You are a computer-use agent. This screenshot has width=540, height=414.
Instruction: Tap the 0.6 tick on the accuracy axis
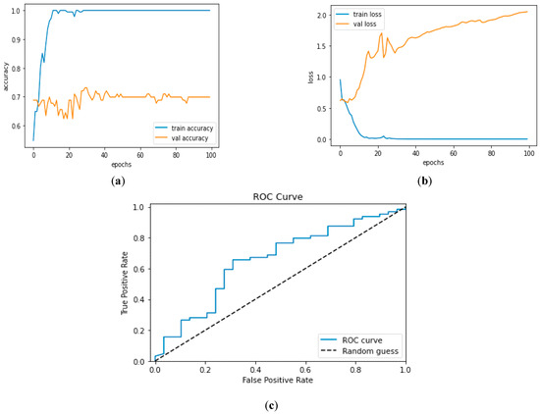click(22, 126)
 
